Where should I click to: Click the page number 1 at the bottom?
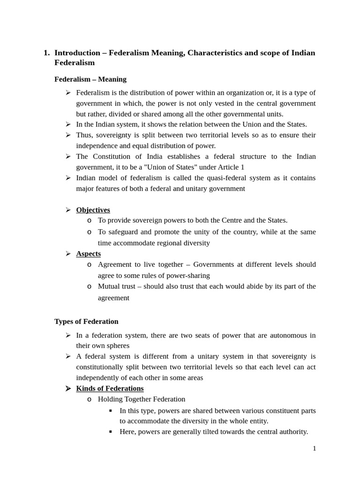(x=315, y=448)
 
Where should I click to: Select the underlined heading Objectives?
(x=93, y=210)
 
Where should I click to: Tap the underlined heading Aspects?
(x=88, y=254)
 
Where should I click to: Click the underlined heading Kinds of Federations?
(x=110, y=388)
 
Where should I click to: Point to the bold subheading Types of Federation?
(x=86, y=321)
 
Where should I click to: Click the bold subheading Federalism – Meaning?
(x=90, y=79)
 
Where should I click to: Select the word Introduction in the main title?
(x=77, y=52)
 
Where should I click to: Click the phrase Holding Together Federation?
(x=142, y=399)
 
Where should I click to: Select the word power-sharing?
(x=187, y=275)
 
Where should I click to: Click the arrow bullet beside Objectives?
(x=68, y=210)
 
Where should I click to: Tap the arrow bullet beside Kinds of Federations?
(x=68, y=388)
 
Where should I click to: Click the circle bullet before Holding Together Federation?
(x=90, y=399)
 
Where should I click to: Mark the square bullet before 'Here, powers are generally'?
(x=111, y=432)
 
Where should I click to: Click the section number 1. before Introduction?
(x=46, y=52)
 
